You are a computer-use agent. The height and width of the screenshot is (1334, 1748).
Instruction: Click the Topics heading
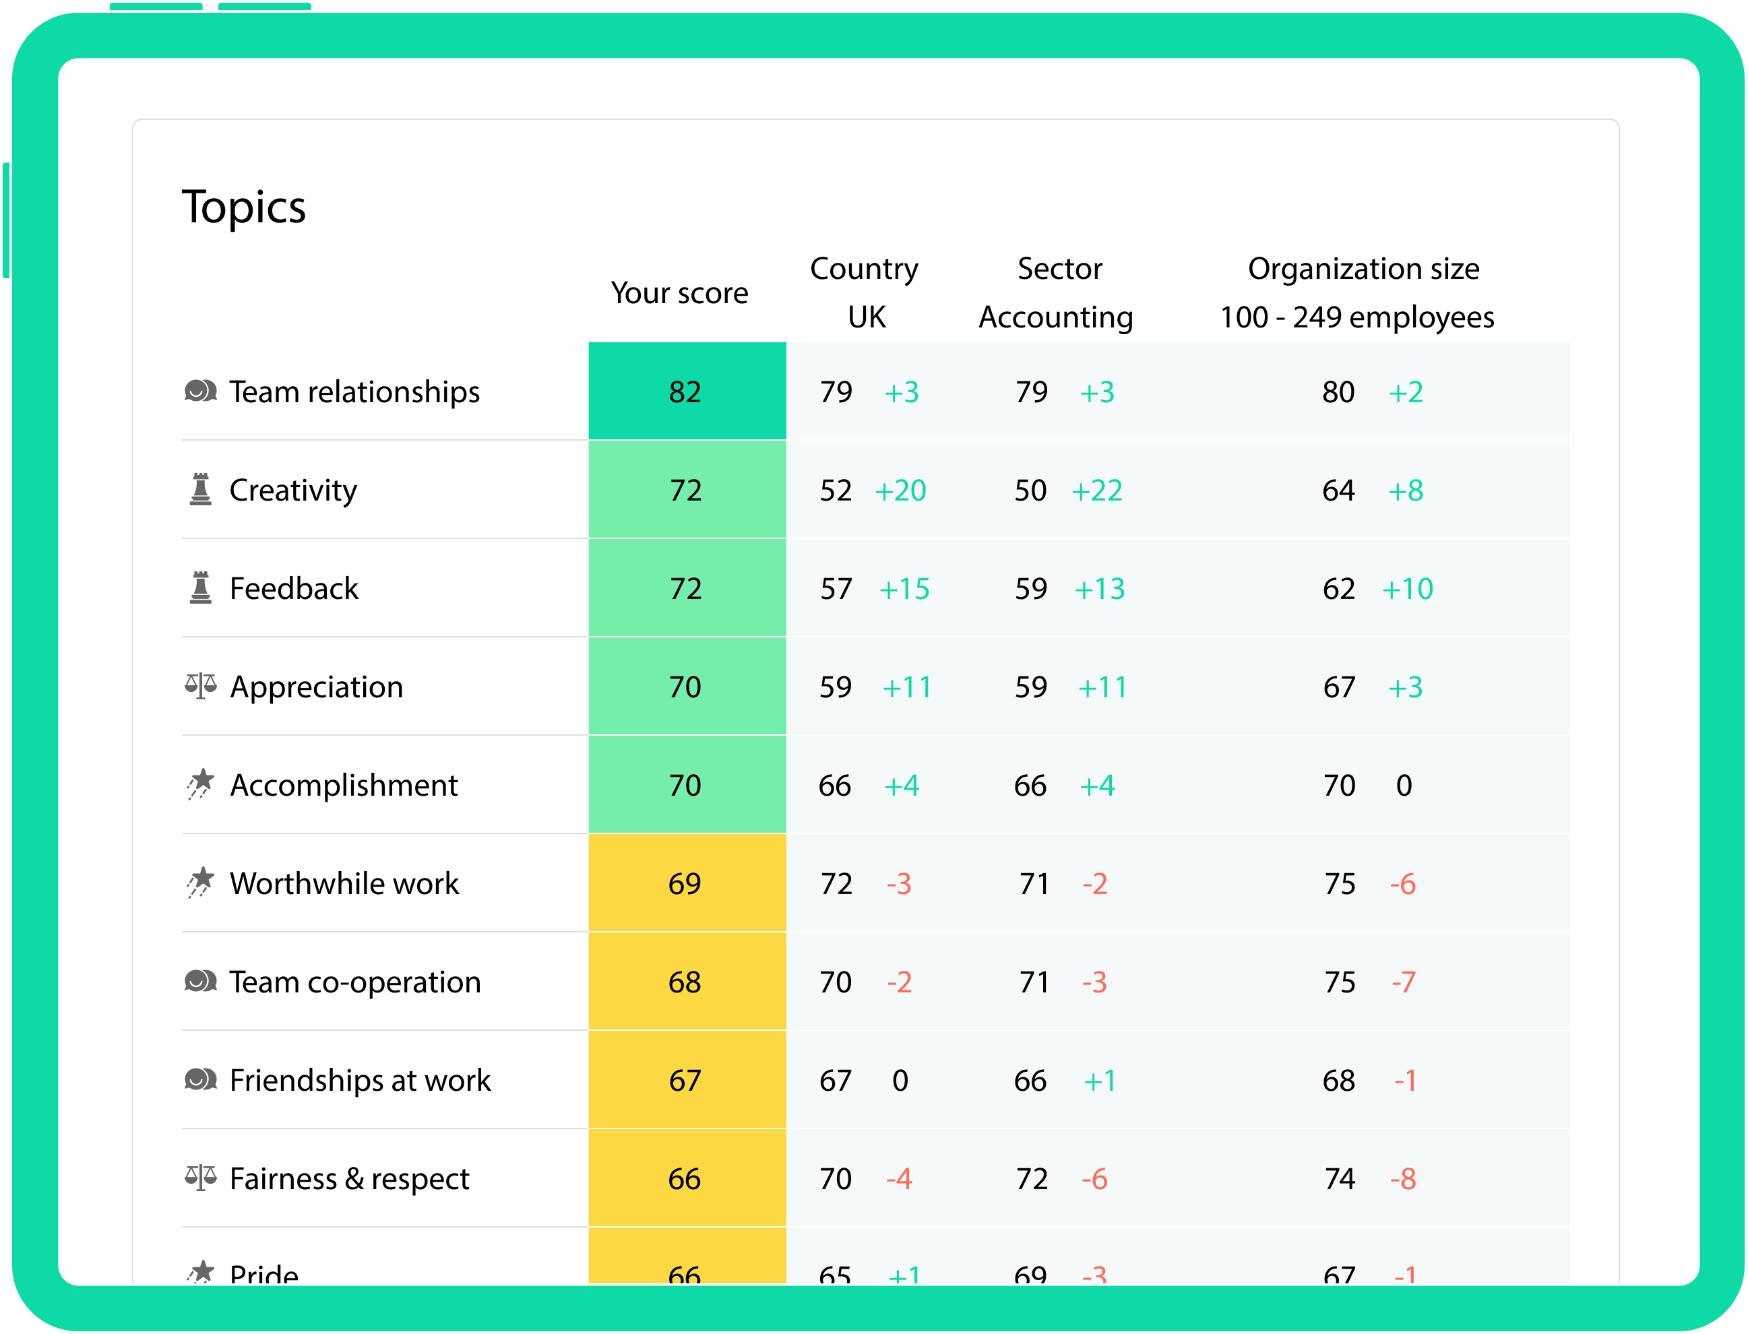(x=243, y=208)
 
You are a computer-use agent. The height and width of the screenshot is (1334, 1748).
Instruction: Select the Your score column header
(x=679, y=293)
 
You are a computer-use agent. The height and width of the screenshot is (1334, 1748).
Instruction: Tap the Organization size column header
(x=1363, y=269)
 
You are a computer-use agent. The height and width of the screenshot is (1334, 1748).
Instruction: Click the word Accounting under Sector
(x=1055, y=317)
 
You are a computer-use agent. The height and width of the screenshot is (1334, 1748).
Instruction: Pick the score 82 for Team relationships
(x=685, y=392)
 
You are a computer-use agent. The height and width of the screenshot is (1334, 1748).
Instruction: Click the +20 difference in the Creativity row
(x=900, y=490)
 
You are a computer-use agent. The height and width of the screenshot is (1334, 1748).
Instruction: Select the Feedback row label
(x=294, y=589)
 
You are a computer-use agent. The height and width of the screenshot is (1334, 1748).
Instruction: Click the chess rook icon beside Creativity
(x=200, y=489)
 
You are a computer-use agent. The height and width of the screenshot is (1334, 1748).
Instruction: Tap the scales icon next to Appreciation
(x=200, y=686)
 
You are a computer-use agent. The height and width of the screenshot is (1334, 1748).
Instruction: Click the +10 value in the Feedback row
(x=1406, y=589)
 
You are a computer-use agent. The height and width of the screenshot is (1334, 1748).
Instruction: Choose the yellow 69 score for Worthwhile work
(x=685, y=884)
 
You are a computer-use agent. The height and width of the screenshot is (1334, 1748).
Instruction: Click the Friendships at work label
(x=360, y=1081)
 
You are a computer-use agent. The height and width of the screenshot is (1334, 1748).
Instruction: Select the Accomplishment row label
(x=343, y=786)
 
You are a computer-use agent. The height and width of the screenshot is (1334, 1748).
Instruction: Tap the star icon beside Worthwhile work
(x=200, y=881)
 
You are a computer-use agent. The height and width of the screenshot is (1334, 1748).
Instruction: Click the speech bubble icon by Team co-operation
(x=200, y=982)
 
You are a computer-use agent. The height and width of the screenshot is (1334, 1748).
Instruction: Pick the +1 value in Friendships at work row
(x=1099, y=1081)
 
